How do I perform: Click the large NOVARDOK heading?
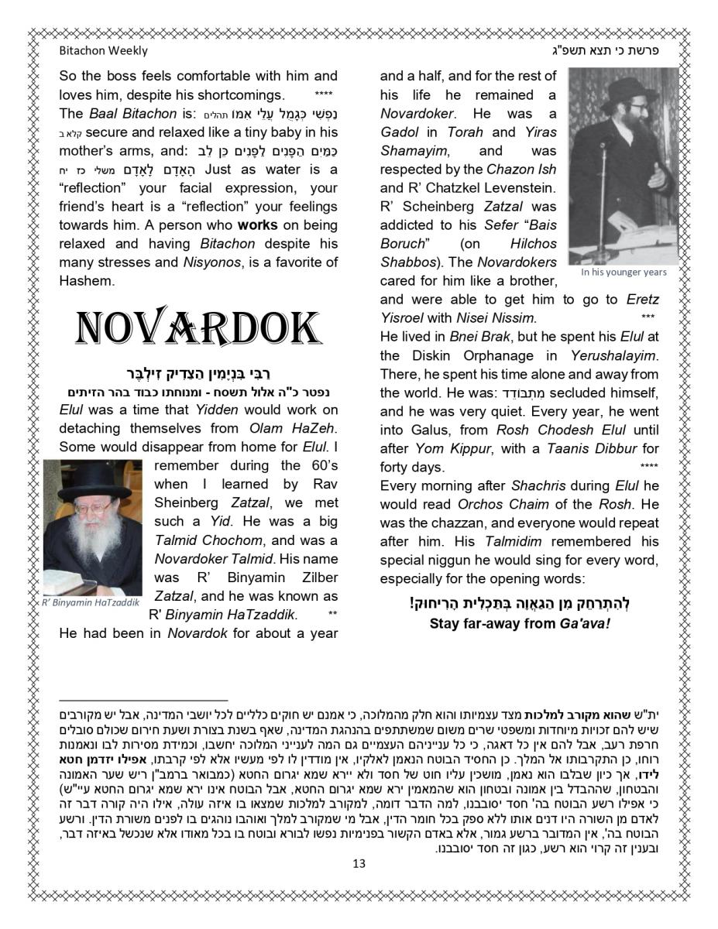coord(198,328)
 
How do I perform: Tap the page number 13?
coord(359,863)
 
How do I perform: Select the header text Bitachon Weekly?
coord(103,51)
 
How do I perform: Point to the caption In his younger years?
coord(623,272)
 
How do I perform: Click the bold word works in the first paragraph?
coord(257,225)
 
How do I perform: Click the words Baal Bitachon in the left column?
coord(122,114)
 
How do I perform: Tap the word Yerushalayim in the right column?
coord(612,355)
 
